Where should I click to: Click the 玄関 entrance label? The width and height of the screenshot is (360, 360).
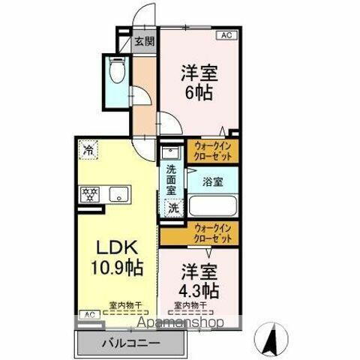tap(144, 42)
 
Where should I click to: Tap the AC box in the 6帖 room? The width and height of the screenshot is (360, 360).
tap(226, 35)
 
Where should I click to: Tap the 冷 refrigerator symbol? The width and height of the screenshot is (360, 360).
tap(88, 149)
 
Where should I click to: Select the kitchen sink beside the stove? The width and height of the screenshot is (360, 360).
tap(118, 195)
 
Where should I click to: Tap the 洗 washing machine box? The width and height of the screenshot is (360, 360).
tap(172, 207)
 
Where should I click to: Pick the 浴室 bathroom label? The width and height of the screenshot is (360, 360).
tap(214, 180)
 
